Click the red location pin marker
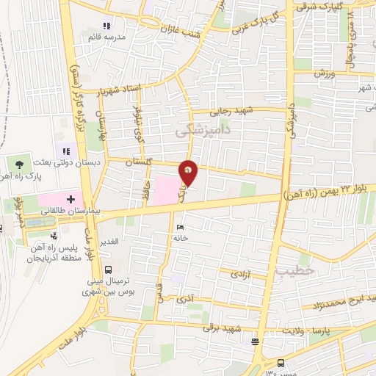[x=189, y=172]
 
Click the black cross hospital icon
[x=70, y=198]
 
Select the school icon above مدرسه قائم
[x=107, y=26]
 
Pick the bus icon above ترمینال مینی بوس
[x=108, y=270]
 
